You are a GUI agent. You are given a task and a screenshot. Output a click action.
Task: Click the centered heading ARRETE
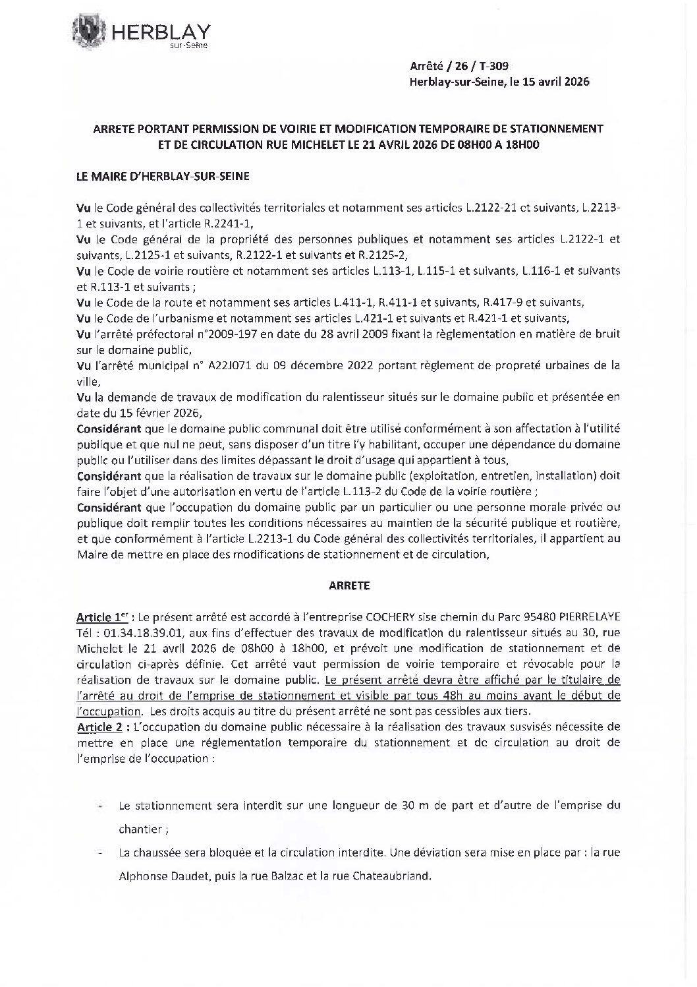(348, 585)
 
